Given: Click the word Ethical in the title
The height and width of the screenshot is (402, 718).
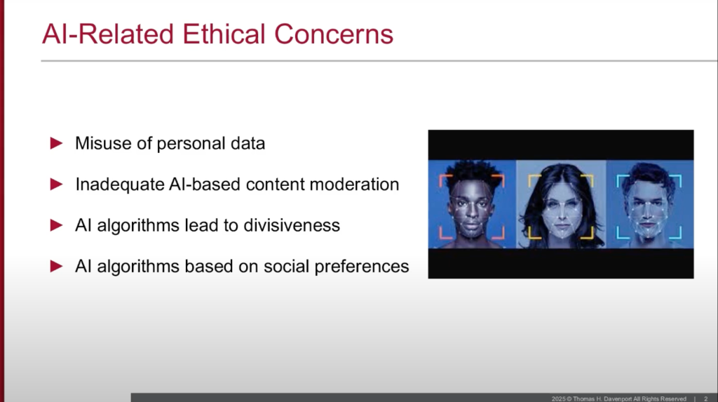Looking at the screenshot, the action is pos(224,34).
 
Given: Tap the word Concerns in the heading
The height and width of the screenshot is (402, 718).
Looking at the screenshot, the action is pos(333,34).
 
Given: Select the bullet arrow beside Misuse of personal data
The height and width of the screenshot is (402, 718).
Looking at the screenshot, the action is pos(56,143).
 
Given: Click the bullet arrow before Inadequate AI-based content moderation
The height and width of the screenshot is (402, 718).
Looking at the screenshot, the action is pos(56,185).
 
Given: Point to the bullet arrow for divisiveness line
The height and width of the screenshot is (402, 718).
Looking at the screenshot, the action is pos(56,225).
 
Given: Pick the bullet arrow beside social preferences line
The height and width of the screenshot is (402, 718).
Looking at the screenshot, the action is pos(56,266).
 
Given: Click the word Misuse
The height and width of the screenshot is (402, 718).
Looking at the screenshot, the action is pos(105,143).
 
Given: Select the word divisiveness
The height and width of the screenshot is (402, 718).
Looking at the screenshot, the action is pos(292,225).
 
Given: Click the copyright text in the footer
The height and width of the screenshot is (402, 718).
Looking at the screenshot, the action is pos(618,398).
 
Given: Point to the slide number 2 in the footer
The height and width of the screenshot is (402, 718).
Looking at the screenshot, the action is pos(705,398).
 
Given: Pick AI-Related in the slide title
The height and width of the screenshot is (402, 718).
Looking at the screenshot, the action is pos(107,34).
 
